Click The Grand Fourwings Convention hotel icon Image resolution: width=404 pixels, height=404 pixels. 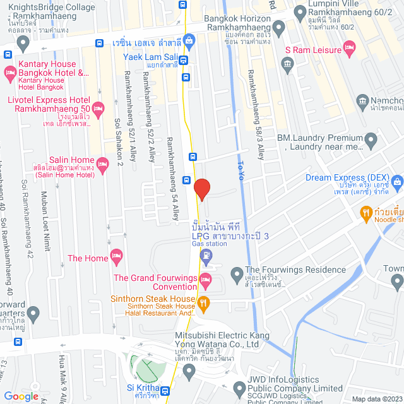pyautogui.click(x=205, y=279)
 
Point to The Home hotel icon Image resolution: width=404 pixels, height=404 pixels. pyautogui.click(x=116, y=256)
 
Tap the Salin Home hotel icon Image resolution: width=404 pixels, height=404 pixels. pyautogui.click(x=104, y=162)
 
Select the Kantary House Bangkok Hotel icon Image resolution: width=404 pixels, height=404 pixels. pyautogui.click(x=9, y=74)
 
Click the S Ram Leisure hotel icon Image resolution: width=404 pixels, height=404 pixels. pyautogui.click(x=349, y=49)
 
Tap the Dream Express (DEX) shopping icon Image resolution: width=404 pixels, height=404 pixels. pyautogui.click(x=397, y=182)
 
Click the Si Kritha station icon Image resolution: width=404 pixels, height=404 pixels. pyautogui.click(x=165, y=391)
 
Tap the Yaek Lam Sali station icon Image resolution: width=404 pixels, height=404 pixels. pyautogui.click(x=183, y=61)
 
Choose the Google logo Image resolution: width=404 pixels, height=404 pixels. pyautogui.click(x=21, y=396)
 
